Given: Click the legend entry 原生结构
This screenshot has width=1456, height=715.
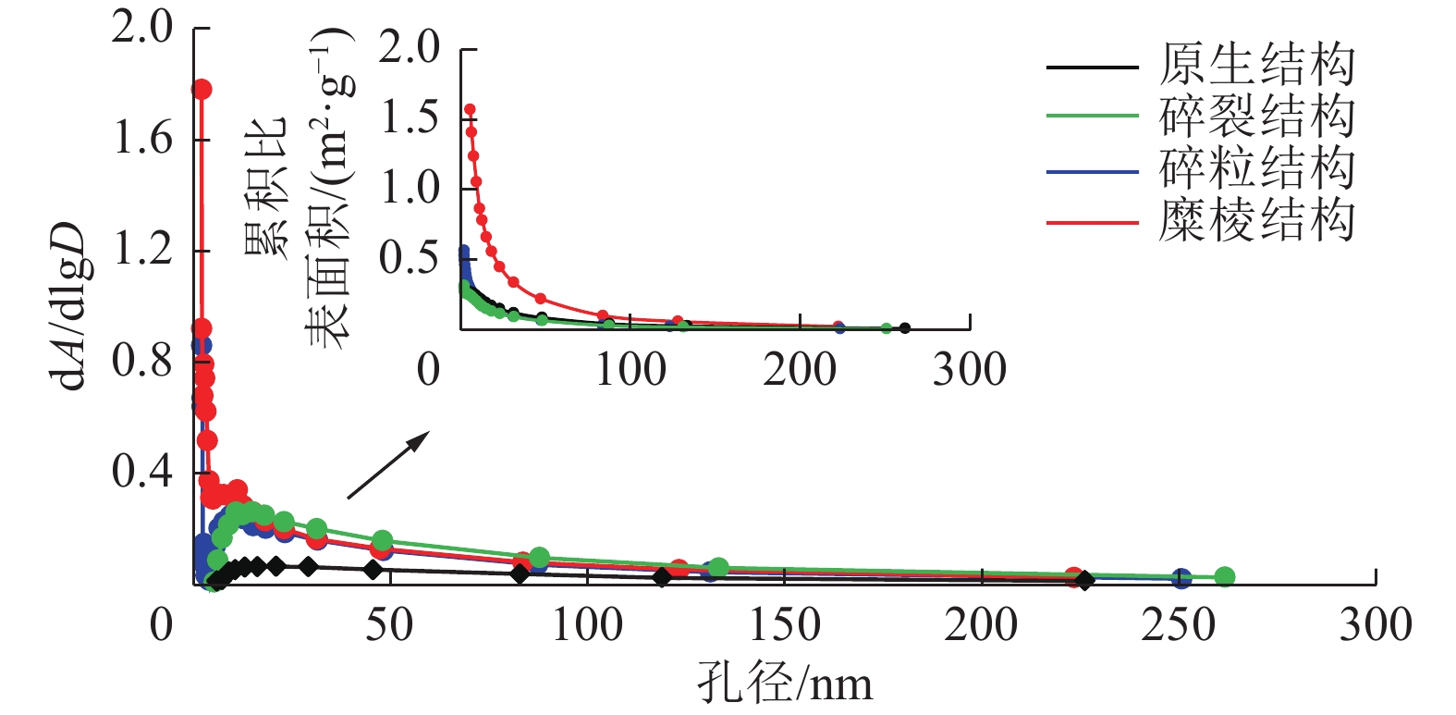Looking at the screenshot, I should point(1256,66).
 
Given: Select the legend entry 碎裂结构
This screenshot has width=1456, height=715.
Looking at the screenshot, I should point(1256,117).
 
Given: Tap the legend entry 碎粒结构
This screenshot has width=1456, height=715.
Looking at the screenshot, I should point(1256,169).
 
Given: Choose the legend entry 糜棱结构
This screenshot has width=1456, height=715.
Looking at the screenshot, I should point(1256,222).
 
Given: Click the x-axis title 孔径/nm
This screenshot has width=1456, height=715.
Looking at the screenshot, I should point(784,684).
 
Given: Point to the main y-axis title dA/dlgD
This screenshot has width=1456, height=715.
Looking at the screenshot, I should point(70,305).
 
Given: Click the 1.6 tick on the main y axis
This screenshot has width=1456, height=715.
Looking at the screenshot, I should point(142,139).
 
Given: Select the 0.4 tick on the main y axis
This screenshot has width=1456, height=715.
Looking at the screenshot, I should point(142,472).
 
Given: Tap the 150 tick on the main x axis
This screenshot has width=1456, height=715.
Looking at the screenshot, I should point(784,625).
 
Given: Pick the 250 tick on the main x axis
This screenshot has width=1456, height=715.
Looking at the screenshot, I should point(1178,625).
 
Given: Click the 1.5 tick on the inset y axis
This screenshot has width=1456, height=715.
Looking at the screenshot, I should point(410,117).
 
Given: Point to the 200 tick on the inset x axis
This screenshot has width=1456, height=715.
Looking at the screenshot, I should point(800,370).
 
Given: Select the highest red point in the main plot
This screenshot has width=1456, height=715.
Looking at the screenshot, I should point(202,89).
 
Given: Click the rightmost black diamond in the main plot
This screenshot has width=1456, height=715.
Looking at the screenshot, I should point(1085,580).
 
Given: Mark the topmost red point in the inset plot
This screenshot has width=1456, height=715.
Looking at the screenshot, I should point(470,110).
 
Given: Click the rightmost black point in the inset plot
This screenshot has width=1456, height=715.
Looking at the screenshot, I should point(905,328).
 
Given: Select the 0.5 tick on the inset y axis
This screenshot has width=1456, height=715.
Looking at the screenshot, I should point(410,258).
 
